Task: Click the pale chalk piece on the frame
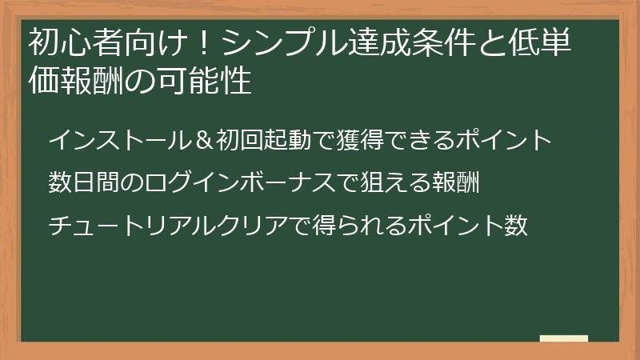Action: pyautogui.click(x=563, y=339)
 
